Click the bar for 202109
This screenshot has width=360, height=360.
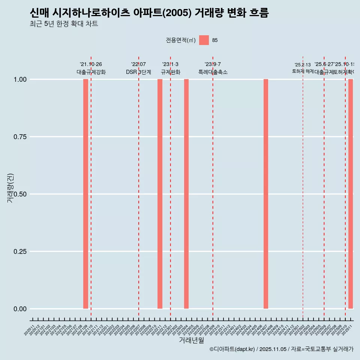point(85,194)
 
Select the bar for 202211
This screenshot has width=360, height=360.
point(160,194)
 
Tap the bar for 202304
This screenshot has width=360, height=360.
point(186,194)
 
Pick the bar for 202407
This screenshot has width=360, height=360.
point(266,194)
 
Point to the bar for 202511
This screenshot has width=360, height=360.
point(351,194)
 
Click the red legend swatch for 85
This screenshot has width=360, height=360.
point(204,40)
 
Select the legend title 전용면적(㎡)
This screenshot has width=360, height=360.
point(180,40)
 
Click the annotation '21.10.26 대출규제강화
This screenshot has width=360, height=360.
point(91,68)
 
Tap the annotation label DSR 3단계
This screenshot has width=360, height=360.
point(138,72)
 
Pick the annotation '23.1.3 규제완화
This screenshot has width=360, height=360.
point(171,68)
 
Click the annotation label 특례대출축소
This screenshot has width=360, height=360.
point(213,72)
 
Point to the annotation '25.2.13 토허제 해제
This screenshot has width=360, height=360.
point(303,68)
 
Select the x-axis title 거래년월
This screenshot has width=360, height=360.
point(191,340)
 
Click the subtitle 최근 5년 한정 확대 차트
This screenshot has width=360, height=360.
point(64,24)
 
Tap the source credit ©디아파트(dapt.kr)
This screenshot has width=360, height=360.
point(232,349)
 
